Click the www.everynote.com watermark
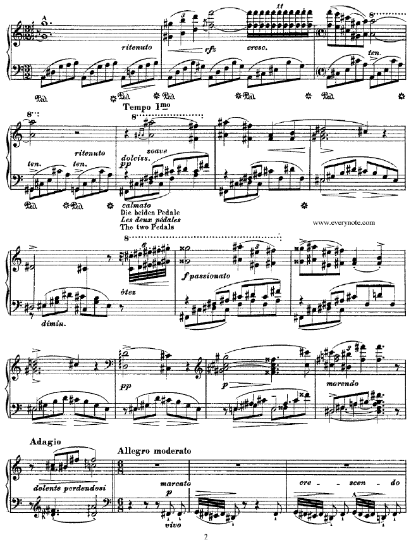(345, 223)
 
